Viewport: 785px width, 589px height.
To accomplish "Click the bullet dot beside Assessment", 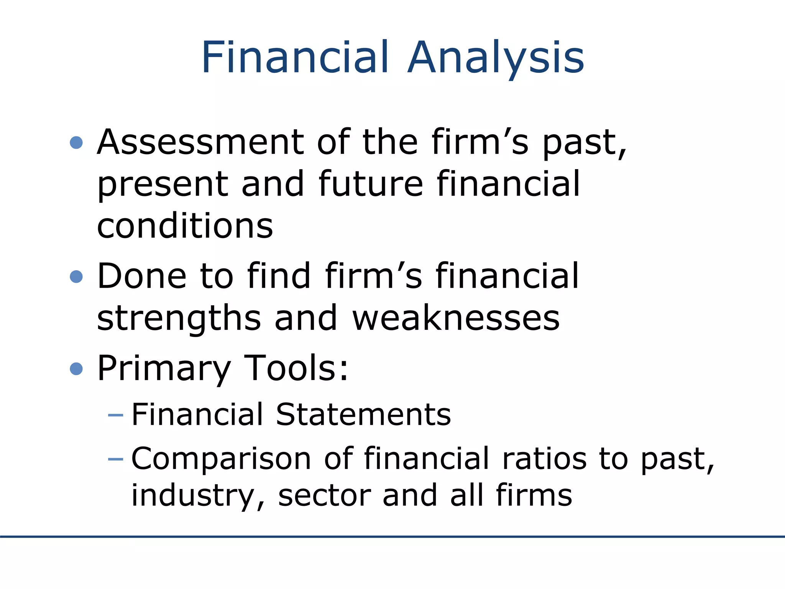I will click(x=77, y=143).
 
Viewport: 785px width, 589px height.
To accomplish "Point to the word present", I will click(x=163, y=185).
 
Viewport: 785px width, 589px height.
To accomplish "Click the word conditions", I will click(x=185, y=226).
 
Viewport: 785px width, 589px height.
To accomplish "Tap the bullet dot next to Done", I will click(x=77, y=276).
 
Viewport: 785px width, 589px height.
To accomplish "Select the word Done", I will click(x=141, y=276).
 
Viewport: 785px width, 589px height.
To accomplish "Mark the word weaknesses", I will click(x=456, y=318).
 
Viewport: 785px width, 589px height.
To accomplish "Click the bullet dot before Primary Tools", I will click(x=77, y=369).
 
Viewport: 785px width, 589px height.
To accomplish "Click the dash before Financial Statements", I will click(x=116, y=415).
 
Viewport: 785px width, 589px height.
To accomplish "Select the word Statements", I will click(x=363, y=415).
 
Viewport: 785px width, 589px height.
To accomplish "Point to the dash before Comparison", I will click(x=116, y=459).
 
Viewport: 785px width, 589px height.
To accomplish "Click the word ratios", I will click(x=544, y=459).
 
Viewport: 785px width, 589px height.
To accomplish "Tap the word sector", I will click(x=324, y=495).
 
